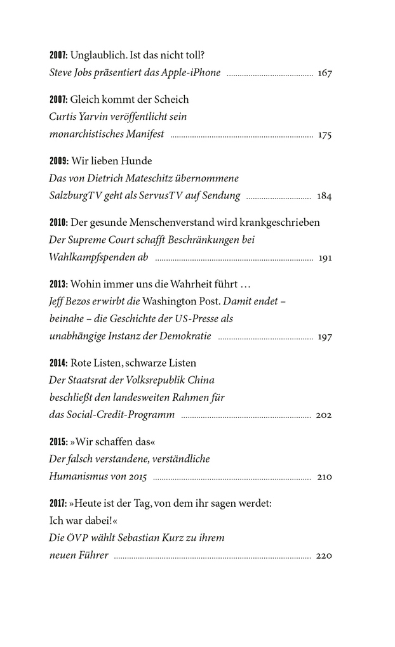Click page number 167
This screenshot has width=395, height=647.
tap(325, 73)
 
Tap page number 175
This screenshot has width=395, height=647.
tap(325, 135)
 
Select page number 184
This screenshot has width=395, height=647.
tap(325, 197)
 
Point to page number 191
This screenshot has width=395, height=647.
tap(325, 258)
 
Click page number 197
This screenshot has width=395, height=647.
tap(325, 337)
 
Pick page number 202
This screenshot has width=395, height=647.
tap(324, 416)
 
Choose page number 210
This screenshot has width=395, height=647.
tap(324, 477)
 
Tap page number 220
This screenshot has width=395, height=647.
tap(324, 556)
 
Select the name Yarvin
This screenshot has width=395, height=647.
tap(98, 117)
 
